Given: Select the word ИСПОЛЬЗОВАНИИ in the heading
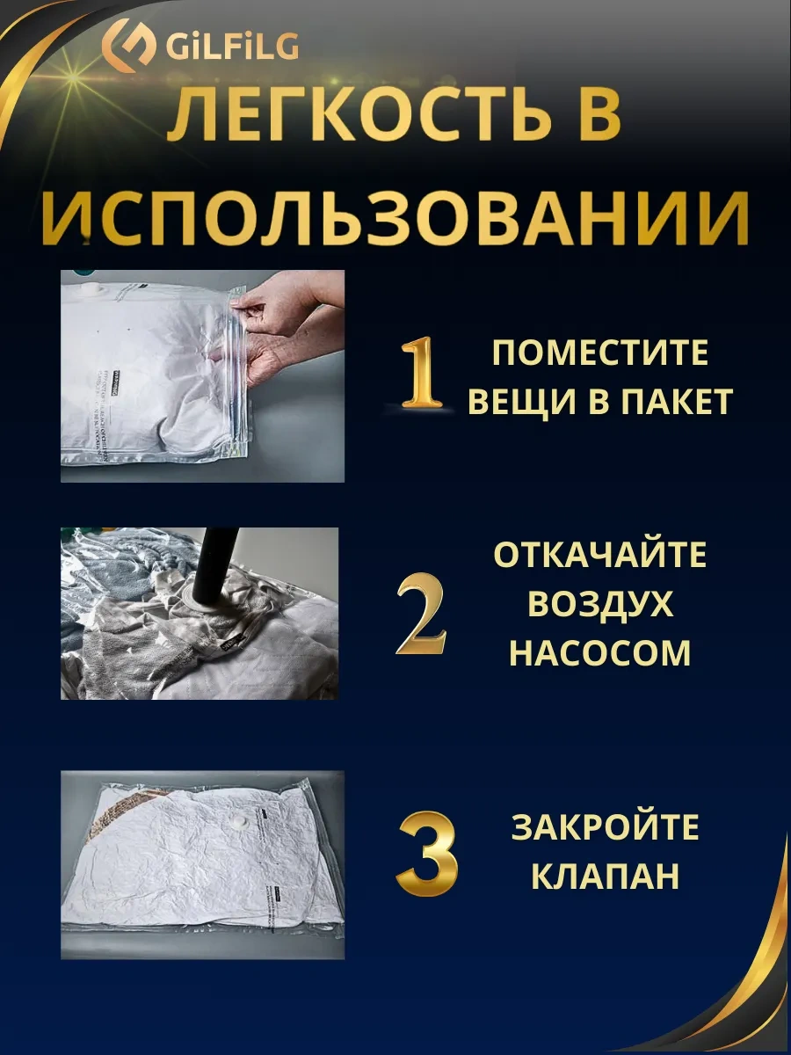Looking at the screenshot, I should [x=395, y=215].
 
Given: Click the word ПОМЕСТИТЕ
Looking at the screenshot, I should [x=600, y=353].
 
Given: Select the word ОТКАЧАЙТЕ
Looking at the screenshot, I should [x=600, y=556].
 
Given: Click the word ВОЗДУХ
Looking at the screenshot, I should [x=600, y=605].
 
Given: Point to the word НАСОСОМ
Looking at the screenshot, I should [x=600, y=653].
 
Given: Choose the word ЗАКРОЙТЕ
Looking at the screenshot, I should [x=606, y=828].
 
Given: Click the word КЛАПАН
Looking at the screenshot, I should [x=606, y=877].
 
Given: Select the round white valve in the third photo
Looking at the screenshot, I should [x=235, y=823].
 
